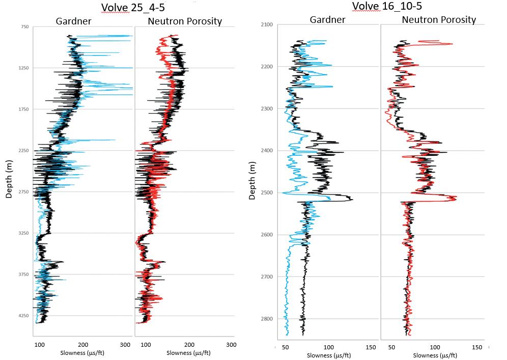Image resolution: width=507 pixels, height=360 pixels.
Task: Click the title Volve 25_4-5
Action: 133,8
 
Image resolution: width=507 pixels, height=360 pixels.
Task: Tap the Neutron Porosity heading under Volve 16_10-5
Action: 439,20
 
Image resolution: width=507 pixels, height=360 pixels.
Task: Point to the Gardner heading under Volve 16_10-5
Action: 327,20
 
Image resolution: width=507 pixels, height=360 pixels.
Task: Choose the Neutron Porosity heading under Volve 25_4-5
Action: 184,21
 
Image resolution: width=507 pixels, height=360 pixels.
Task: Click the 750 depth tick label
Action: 24,26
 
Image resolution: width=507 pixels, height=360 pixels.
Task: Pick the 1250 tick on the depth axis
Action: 23,68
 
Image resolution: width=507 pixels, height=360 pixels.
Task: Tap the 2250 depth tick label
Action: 23,150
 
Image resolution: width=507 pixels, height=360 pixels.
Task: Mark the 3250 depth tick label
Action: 23,233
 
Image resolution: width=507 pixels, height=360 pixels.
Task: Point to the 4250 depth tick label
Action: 23,316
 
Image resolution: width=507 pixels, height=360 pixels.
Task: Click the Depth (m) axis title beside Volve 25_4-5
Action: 9,182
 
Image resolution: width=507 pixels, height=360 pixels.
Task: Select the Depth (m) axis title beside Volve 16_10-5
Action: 253,181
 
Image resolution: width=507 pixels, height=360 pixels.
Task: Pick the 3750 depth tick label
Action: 23,274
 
